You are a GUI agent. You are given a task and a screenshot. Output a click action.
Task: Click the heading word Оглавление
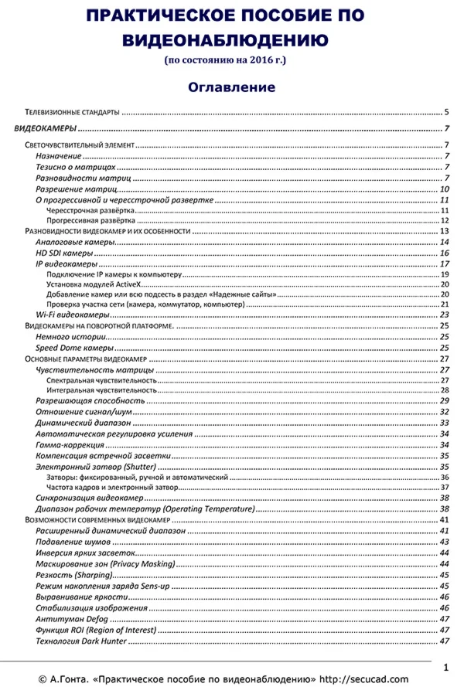[231, 87]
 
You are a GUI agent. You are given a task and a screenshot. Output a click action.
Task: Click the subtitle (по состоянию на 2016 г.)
[231, 60]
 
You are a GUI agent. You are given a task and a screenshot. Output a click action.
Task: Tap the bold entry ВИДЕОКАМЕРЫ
[46, 128]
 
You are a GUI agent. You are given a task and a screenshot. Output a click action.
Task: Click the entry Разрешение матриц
[76, 189]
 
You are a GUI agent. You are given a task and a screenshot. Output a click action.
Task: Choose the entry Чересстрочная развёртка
[90, 210]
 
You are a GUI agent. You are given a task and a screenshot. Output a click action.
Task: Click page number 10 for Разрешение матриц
[444, 189]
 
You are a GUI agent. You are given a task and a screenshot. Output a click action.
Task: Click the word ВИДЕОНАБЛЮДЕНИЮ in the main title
[231, 39]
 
